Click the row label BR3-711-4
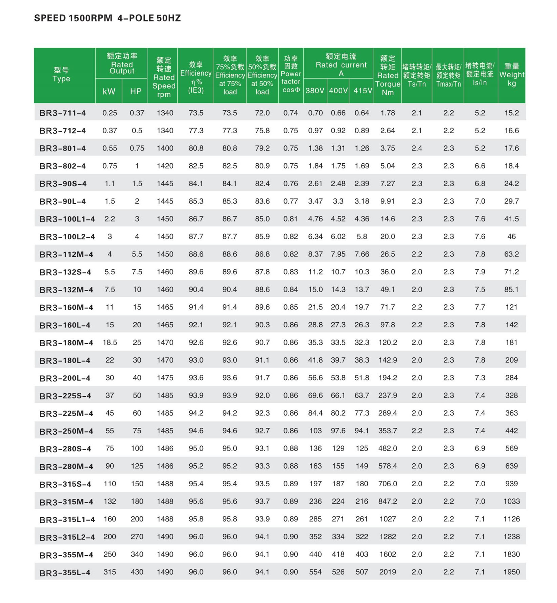(63, 113)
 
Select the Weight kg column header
(511, 75)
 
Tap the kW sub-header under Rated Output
(109, 91)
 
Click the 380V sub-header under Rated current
(315, 91)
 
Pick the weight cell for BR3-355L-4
(511, 572)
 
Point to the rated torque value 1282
(388, 537)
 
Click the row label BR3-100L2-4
(67, 237)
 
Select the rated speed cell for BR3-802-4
(165, 166)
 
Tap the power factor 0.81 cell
(291, 219)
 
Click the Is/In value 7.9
(480, 272)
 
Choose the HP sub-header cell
(136, 91)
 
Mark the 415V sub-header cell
(363, 91)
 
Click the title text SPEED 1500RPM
(73, 18)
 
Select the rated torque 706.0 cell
(388, 484)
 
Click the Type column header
(61, 75)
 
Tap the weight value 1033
(511, 501)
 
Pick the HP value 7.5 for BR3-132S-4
(137, 272)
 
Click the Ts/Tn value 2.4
(417, 148)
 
